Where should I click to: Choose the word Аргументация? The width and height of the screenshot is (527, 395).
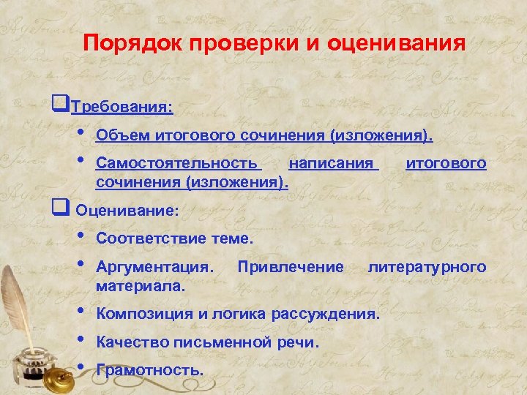tap(155, 267)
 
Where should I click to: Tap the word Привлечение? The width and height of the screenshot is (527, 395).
tap(291, 267)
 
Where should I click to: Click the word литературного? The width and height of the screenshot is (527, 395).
tap(427, 267)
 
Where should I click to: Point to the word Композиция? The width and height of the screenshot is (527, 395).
tap(143, 315)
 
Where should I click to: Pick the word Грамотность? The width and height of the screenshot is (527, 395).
tap(149, 369)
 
